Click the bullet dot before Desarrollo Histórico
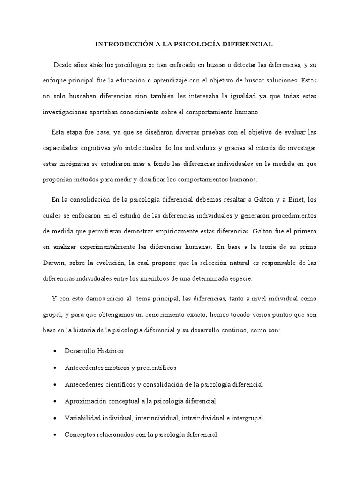[56, 351]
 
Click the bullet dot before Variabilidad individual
[56, 418]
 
